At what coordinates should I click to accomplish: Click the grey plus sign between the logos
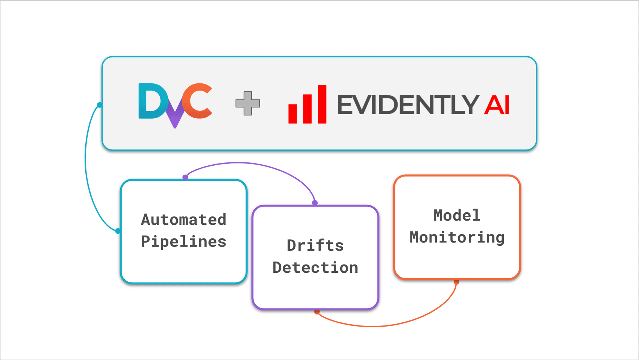[x=248, y=103]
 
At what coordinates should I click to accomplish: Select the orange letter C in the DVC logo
[x=198, y=100]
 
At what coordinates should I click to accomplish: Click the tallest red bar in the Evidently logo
[x=322, y=104]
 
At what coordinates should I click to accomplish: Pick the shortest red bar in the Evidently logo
[x=292, y=113]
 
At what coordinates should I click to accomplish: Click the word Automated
[x=183, y=220]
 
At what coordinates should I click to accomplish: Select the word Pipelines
[x=183, y=242]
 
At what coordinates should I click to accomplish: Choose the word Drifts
[x=315, y=245]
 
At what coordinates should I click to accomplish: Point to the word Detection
[x=315, y=268]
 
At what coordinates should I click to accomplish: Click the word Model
[x=457, y=215]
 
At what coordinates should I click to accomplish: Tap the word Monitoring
[x=457, y=237]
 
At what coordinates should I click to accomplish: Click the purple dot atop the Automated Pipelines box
[x=185, y=177]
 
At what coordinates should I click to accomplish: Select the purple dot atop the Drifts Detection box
[x=315, y=203]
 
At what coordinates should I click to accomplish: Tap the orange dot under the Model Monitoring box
[x=456, y=281]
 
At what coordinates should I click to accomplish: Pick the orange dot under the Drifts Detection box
[x=317, y=312]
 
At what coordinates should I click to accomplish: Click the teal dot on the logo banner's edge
[x=100, y=105]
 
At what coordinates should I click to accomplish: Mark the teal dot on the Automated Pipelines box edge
[x=118, y=231]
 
